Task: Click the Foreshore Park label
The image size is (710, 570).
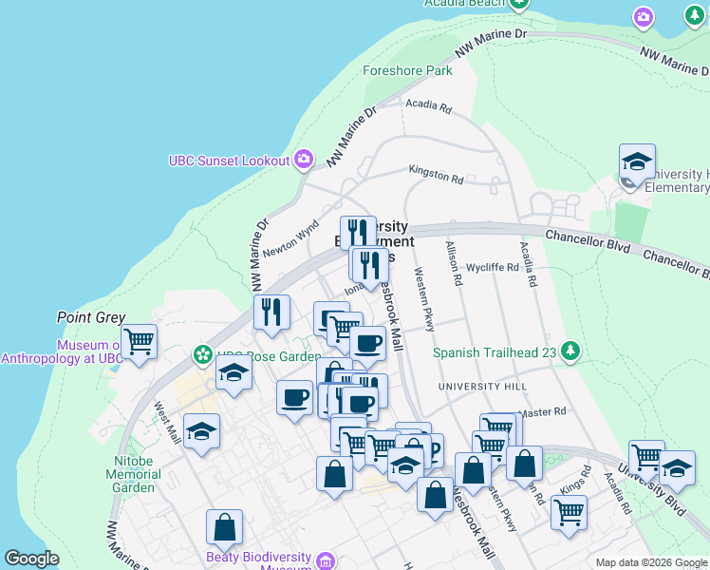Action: [x=407, y=70]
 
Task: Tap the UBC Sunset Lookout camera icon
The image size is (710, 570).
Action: [x=304, y=160]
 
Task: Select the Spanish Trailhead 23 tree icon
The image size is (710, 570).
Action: [x=570, y=351]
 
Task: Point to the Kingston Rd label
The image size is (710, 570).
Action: [x=436, y=173]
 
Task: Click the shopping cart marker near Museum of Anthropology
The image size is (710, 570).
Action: [x=139, y=341]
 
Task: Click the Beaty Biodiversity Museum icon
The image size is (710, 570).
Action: [x=327, y=560]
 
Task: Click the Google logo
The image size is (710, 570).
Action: [x=31, y=559]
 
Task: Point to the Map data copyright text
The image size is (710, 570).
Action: [x=650, y=562]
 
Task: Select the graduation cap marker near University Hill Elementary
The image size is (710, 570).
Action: [x=637, y=161]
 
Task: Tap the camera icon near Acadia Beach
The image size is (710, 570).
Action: [x=644, y=17]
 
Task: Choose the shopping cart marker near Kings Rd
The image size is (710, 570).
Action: [x=569, y=513]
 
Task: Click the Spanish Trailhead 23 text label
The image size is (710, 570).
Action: [x=494, y=352]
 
